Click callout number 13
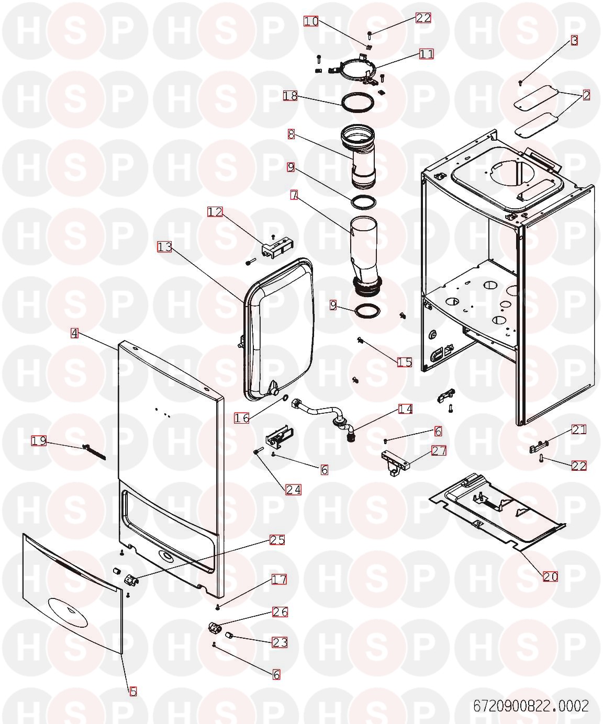(x=164, y=246)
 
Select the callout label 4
(x=75, y=333)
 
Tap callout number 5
(x=133, y=692)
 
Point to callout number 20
(x=550, y=576)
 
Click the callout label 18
(x=290, y=96)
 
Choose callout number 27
(x=438, y=450)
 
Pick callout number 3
(x=574, y=40)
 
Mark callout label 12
(x=215, y=212)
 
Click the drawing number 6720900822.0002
(x=531, y=706)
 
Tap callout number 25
(x=277, y=540)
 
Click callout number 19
(x=39, y=441)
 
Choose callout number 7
(x=294, y=195)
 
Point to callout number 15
(x=405, y=362)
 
